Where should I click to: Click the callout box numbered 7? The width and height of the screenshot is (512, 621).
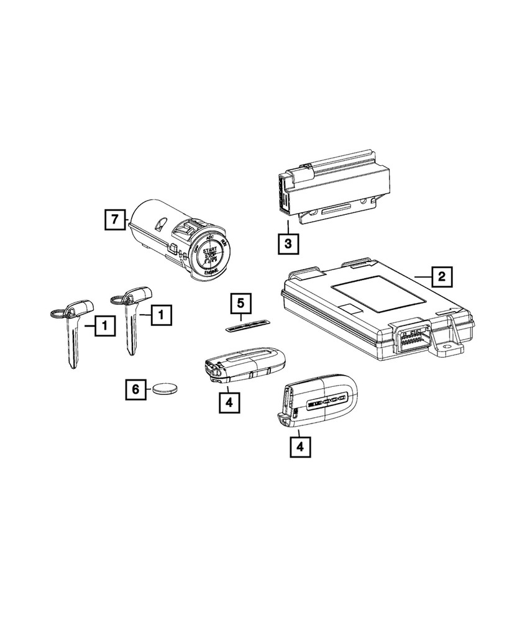(x=114, y=219)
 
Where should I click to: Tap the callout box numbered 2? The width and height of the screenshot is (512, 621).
(x=441, y=276)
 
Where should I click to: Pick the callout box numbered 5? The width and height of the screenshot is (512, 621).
(x=239, y=304)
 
